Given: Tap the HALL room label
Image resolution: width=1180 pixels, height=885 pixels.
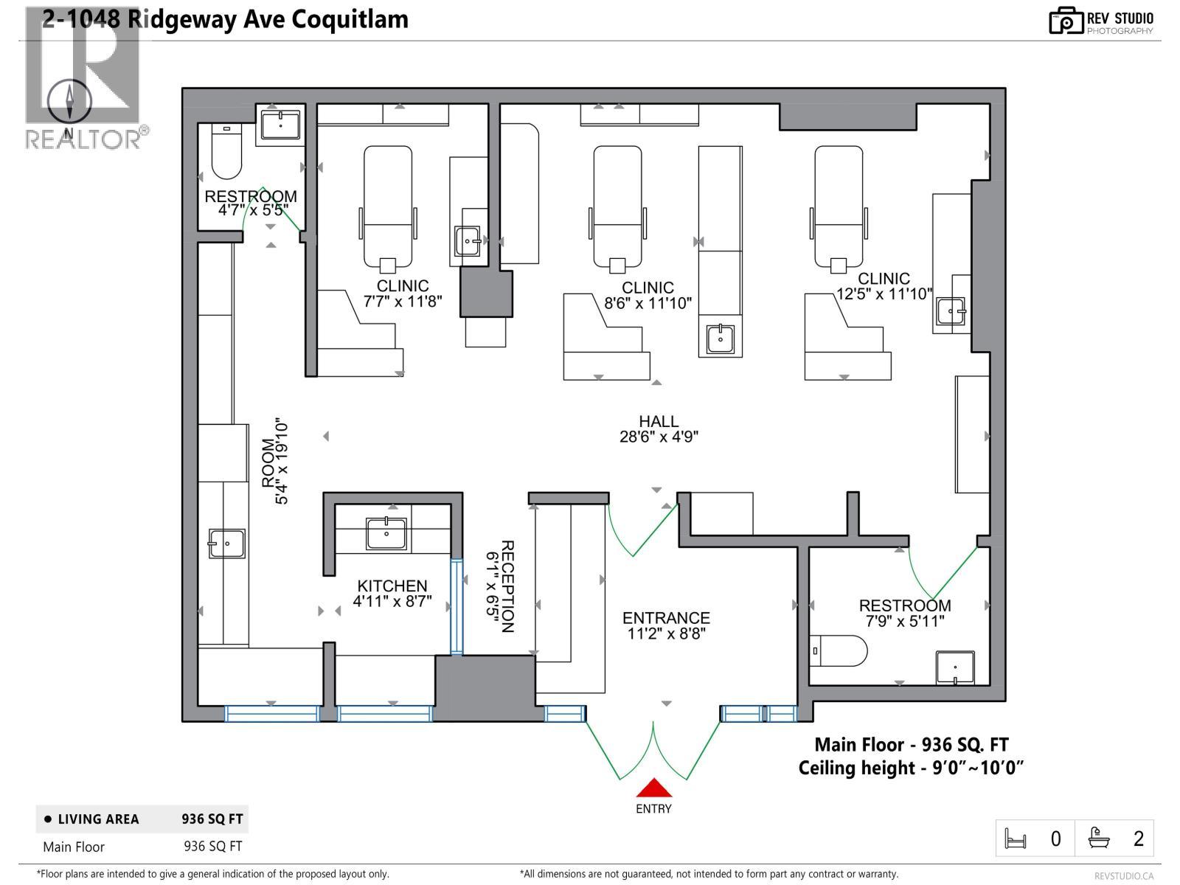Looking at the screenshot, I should pos(659,421).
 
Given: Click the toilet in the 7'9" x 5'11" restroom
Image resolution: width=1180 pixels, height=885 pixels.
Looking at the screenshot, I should pos(839,650).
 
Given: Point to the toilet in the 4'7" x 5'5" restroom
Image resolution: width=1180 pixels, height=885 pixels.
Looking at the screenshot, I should pos(226,151).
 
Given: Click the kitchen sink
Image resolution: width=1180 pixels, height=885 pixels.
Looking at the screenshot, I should pos(386,532).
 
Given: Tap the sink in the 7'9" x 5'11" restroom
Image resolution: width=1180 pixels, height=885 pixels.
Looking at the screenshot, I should pos(955,667).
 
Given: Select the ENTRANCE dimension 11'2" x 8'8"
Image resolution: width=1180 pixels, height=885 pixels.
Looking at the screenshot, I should pos(666,634).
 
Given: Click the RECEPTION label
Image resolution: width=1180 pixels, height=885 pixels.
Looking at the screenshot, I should pos(507,586).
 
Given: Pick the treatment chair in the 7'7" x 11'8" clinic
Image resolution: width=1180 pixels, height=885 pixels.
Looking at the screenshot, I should pos(388,206).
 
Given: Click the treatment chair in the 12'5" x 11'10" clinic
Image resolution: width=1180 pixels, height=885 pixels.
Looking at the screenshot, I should pos(839,206).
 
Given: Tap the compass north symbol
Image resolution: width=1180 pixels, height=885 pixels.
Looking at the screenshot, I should pos(70,103).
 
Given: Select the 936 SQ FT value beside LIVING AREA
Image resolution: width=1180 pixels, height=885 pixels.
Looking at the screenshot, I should pos(212,819).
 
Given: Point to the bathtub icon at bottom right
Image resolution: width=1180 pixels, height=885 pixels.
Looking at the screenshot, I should pos(1100,839).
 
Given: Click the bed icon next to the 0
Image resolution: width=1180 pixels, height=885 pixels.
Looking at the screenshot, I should pos(1016,839).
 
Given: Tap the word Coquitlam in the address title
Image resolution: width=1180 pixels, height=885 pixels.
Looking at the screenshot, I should pos(350,18).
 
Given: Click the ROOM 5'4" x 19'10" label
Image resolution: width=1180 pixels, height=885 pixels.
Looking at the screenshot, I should pos(275,462).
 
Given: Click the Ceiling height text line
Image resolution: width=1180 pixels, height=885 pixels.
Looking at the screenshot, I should pos(911,768).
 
